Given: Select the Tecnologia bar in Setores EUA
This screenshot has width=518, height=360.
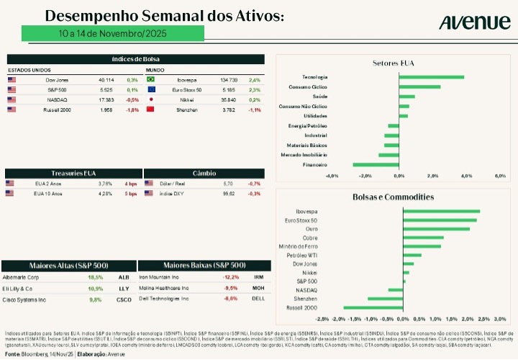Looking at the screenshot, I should point(431,76).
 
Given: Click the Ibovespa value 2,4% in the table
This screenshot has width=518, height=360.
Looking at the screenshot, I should point(255,79).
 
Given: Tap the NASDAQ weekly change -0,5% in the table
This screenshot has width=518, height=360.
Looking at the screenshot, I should point(132,99).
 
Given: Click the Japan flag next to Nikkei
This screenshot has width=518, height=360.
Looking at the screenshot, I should point(151,99).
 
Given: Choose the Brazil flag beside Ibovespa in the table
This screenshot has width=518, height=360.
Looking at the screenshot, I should point(151,79).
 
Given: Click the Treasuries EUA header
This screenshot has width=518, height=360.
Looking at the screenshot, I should point(73,174).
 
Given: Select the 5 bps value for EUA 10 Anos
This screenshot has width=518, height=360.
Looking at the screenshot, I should point(131,194).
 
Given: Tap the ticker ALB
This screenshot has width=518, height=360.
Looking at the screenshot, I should point(123,276).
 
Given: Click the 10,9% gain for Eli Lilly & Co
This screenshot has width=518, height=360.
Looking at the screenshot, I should point(95,288).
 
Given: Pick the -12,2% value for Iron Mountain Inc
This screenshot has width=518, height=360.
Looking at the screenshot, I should point(230,276).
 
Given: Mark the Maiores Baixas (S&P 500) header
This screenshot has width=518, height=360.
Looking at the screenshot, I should point(204,265).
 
